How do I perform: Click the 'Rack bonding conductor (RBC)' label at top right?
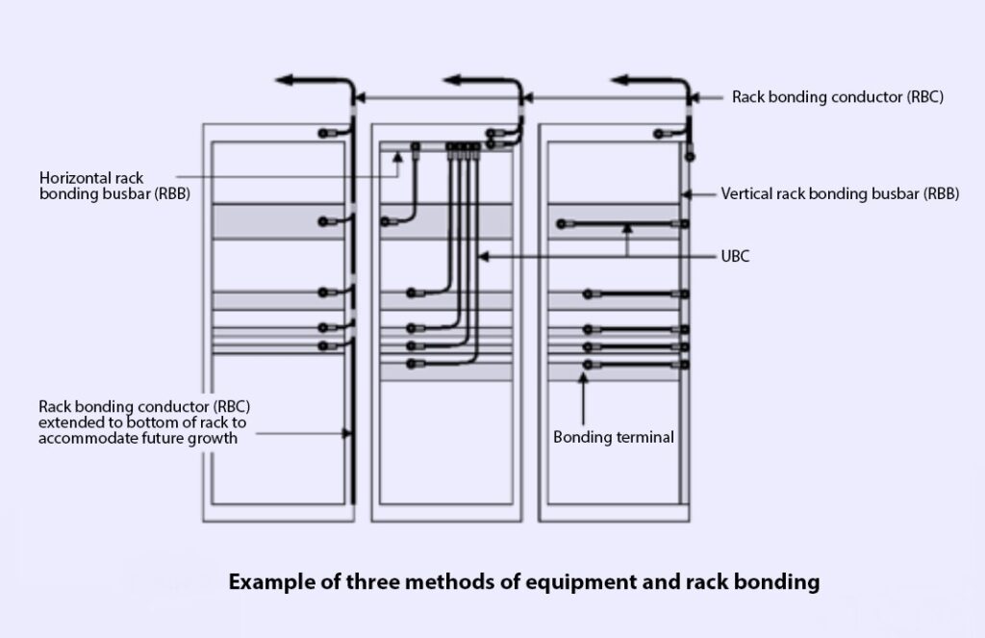tap(838, 96)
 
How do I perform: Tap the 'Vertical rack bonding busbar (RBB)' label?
tap(840, 193)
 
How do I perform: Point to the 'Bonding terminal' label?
tap(614, 437)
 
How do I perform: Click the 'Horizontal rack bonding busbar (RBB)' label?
tap(114, 185)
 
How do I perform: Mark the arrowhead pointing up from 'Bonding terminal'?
tap(585, 379)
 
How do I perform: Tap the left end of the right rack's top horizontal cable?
tap(558, 225)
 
